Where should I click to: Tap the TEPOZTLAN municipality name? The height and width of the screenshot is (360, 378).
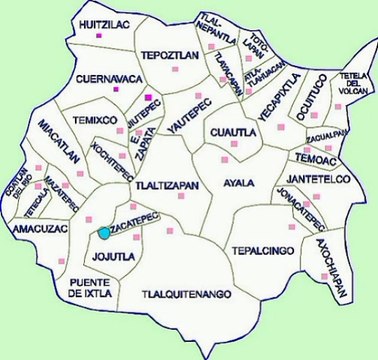click(x=166, y=55)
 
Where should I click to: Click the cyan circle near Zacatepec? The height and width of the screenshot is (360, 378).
click(x=104, y=233)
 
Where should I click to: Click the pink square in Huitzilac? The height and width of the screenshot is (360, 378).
click(x=99, y=36)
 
